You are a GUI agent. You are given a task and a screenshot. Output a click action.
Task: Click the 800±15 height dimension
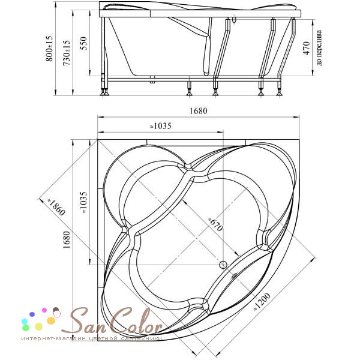tap(49, 49)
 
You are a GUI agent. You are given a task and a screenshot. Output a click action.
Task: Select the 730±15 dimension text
tap(67, 53)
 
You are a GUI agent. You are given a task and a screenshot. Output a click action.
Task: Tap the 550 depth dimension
tap(84, 43)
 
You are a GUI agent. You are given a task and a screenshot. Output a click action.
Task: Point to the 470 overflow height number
tap(307, 48)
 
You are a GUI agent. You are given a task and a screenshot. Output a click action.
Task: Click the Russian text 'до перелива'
tap(319, 48)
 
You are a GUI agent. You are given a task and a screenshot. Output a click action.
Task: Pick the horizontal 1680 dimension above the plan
tap(199, 111)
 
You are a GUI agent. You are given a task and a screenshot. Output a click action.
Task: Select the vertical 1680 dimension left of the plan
tap(67, 239)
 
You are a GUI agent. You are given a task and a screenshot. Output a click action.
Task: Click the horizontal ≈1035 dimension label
tap(160, 126)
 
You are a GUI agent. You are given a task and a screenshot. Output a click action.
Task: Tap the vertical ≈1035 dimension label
tap(83, 203)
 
